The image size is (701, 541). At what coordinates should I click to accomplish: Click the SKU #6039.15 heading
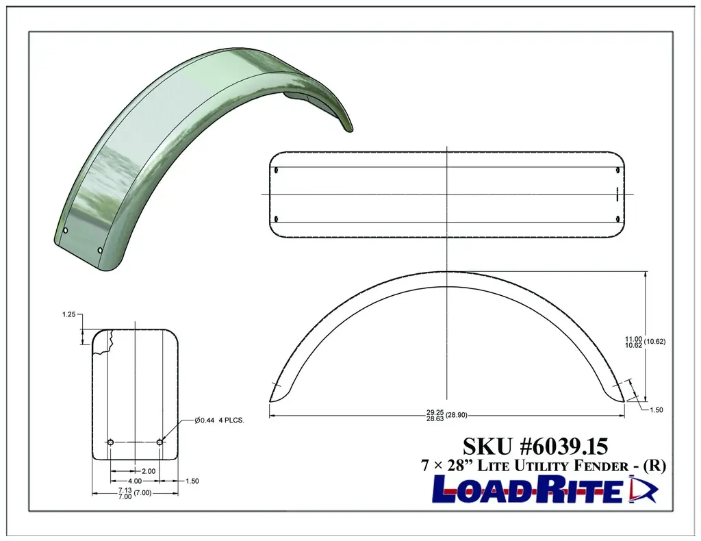pyautogui.click(x=535, y=446)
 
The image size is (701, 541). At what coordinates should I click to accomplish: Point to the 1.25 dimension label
pyautogui.click(x=68, y=315)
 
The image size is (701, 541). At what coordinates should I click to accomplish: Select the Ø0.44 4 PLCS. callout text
pyautogui.click(x=219, y=420)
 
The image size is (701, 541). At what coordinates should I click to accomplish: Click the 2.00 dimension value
pyautogui.click(x=147, y=471)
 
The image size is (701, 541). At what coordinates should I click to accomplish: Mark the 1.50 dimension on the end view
pyautogui.click(x=192, y=481)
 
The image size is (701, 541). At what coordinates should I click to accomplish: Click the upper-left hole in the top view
pyautogui.click(x=276, y=170)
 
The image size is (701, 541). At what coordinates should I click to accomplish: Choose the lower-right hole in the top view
pyautogui.click(x=618, y=218)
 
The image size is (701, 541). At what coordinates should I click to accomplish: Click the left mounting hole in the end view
pyautogui.click(x=111, y=442)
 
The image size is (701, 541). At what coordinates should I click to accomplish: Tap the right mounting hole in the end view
pyautogui.click(x=160, y=442)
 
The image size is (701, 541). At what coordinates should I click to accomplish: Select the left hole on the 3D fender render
pyautogui.click(x=66, y=230)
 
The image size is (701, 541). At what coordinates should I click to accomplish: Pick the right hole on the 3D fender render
pyautogui.click(x=101, y=251)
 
